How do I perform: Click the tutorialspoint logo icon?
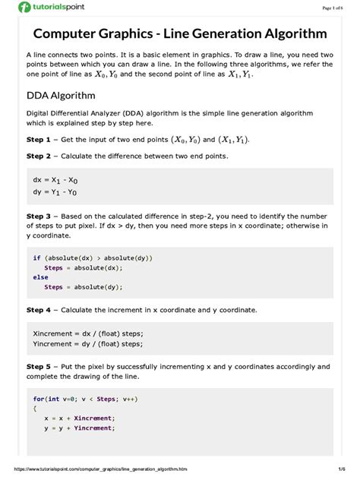tap(26, 8)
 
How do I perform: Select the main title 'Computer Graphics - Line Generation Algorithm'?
tap(179, 34)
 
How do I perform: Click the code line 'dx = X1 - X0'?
tap(55, 181)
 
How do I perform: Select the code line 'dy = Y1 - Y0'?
tap(55, 192)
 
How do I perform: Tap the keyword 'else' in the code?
tap(40, 277)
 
